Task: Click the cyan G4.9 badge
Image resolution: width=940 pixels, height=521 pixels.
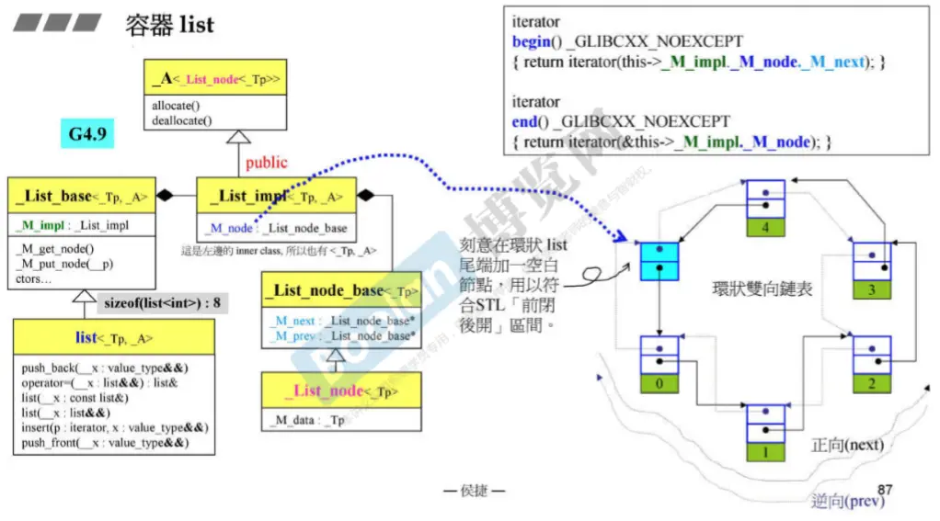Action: pos(87,135)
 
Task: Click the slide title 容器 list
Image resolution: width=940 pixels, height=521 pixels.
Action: pos(169,24)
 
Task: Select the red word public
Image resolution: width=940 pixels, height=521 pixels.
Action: pos(266,163)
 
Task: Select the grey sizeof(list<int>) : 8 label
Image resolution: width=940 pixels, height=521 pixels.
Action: pos(163,300)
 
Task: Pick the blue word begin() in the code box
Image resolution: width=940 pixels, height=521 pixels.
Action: pos(531,41)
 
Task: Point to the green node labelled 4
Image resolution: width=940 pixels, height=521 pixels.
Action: pos(765,226)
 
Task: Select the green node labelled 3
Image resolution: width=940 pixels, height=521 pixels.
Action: pos(872,290)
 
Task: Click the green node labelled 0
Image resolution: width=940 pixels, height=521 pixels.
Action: pos(659,384)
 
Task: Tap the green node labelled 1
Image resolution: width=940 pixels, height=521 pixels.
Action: pos(765,452)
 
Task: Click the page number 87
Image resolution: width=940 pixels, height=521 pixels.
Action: pos(885,490)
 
